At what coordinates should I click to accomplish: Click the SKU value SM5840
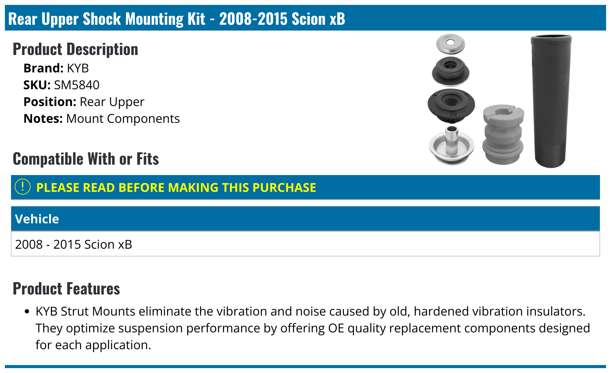click(76, 85)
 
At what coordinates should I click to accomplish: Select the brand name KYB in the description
click(78, 68)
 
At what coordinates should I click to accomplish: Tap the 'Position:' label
click(50, 102)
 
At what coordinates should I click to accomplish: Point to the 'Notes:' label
click(43, 119)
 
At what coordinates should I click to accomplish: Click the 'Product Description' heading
click(75, 49)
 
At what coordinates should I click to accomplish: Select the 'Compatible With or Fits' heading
click(86, 159)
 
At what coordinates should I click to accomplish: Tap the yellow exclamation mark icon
click(23, 187)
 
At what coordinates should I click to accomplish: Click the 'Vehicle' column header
click(37, 219)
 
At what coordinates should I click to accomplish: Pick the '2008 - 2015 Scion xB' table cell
click(74, 244)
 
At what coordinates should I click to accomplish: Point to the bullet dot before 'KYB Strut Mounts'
click(27, 312)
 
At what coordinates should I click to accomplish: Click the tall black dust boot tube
click(551, 101)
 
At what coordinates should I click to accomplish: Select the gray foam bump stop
click(503, 134)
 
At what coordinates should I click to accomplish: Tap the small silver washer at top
click(450, 43)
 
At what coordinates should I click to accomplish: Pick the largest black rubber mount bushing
click(451, 105)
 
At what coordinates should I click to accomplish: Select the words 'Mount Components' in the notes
click(123, 119)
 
